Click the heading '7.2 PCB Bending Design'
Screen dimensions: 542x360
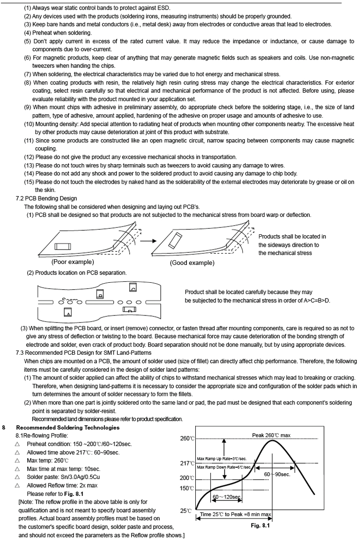pos(46,198)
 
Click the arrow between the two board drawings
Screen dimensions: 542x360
pos(146,240)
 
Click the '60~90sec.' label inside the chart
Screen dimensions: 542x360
pos(277,474)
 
